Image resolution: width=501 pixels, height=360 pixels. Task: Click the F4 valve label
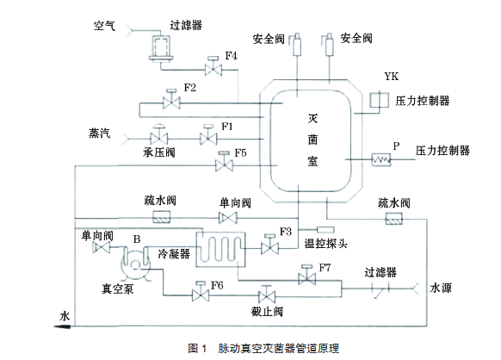click(231, 56)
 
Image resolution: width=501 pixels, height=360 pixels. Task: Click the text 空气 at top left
click(104, 25)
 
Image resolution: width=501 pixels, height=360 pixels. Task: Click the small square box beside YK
click(375, 101)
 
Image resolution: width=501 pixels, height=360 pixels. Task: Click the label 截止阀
click(268, 313)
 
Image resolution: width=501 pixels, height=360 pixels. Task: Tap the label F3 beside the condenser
click(287, 233)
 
